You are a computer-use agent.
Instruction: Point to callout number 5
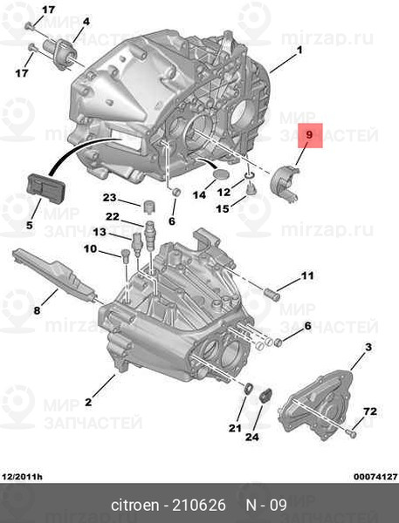[x=30, y=225]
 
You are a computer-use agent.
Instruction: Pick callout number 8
[x=37, y=309]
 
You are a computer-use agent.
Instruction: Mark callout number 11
[x=306, y=276]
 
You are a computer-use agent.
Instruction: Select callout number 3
[x=368, y=348]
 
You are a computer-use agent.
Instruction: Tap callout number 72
[x=369, y=410]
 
